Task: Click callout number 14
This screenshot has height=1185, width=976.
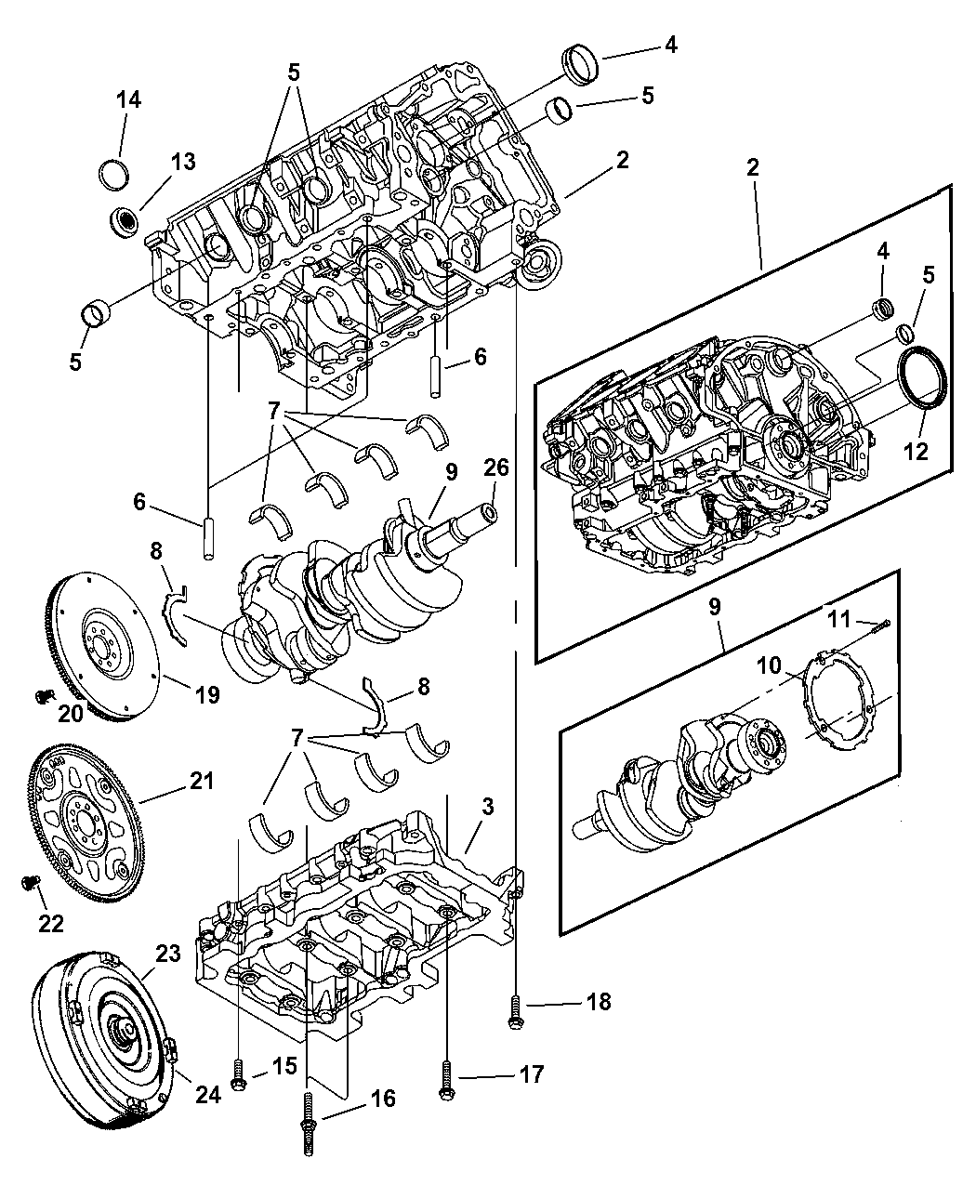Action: pos(128,100)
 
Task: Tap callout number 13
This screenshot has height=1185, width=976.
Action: pos(182,162)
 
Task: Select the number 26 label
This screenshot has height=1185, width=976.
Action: pos(495,467)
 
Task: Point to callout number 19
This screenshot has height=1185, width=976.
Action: pos(206,692)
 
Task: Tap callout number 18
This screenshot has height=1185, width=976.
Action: pos(598,1001)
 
